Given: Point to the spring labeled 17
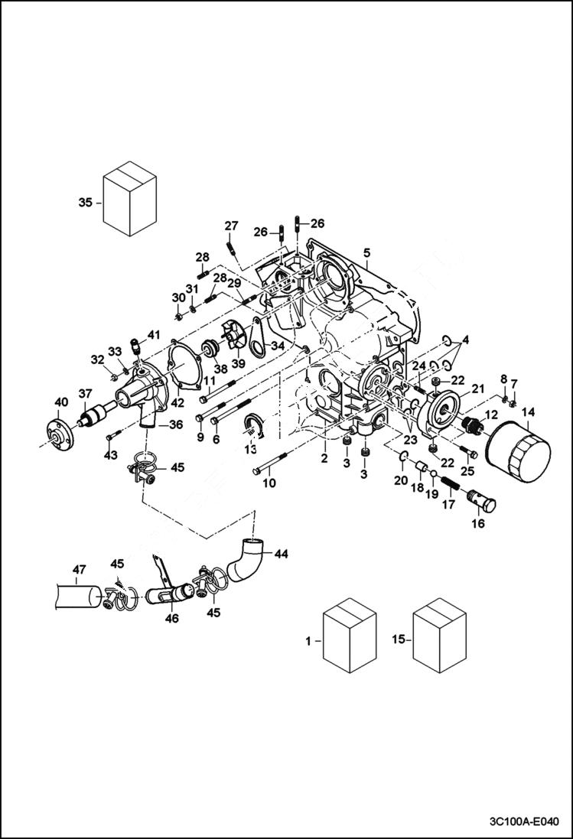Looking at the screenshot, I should pos(450,484).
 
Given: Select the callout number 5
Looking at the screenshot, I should pos(367,252).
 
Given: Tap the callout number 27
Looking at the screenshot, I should pos(231,225).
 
